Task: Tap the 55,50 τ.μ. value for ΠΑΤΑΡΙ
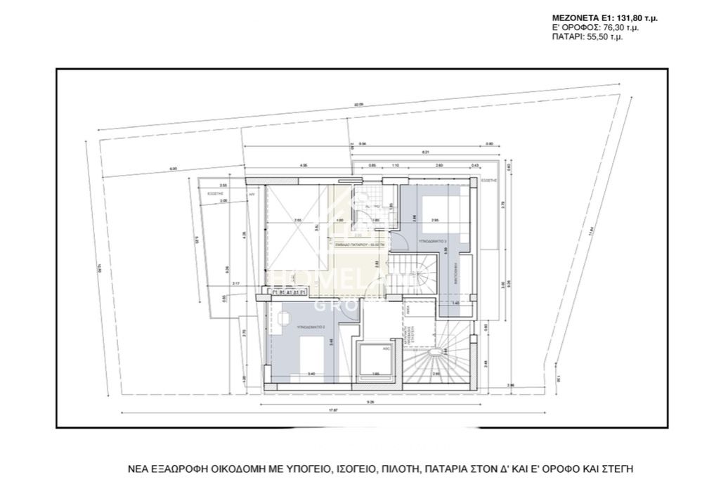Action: [x=604, y=37]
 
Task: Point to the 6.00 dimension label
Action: [x=173, y=169]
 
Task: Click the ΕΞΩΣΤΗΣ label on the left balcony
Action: [x=215, y=190]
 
